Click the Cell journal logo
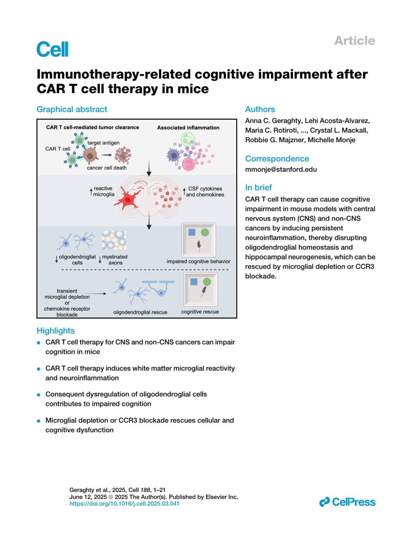click(52, 49)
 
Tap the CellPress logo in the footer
click(347, 502)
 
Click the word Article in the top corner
click(354, 41)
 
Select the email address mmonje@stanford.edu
click(281, 170)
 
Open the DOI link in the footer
click(124, 503)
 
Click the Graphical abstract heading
click(72, 109)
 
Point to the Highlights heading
click(56, 331)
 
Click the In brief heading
click(258, 188)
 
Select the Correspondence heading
click(277, 159)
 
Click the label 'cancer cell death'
click(107, 168)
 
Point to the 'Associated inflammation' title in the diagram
click(188, 128)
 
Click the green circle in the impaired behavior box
click(205, 232)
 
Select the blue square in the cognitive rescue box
click(194, 281)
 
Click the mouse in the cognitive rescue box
click(204, 291)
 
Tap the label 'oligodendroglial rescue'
click(140, 312)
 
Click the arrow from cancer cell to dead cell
click(106, 155)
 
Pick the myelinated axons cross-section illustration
click(114, 240)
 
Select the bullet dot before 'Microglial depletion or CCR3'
click(39, 421)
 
